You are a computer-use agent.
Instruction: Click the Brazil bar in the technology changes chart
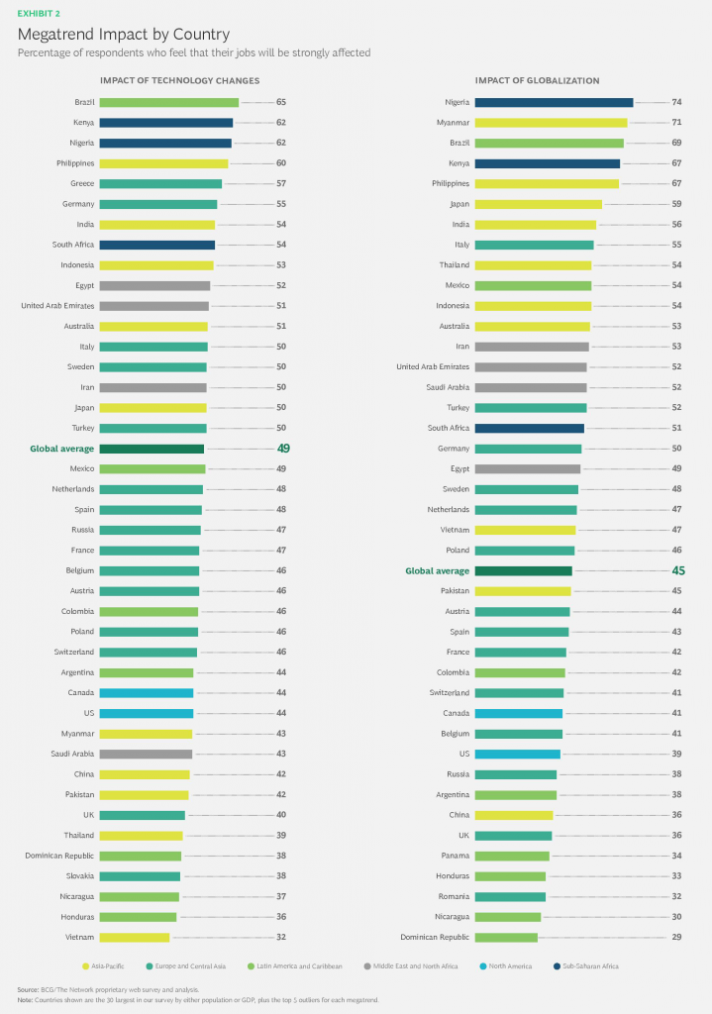[168, 102]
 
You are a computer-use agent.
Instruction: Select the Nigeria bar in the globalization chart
[554, 102]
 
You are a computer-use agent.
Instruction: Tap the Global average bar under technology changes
[152, 449]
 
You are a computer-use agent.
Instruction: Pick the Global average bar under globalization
[524, 570]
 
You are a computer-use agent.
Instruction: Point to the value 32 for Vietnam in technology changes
[281, 937]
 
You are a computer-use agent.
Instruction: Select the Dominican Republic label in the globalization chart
[434, 937]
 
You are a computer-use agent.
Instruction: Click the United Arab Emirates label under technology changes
[57, 306]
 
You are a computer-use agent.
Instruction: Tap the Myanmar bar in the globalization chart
[551, 123]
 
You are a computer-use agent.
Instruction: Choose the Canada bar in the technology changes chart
[146, 693]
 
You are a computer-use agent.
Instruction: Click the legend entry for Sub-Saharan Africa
[590, 966]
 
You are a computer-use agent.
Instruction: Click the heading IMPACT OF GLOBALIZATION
[537, 81]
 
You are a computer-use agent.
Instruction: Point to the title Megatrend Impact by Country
[123, 34]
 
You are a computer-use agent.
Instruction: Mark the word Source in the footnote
[28, 989]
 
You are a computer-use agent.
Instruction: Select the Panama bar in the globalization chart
[512, 856]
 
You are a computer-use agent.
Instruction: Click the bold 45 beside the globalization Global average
[679, 570]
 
